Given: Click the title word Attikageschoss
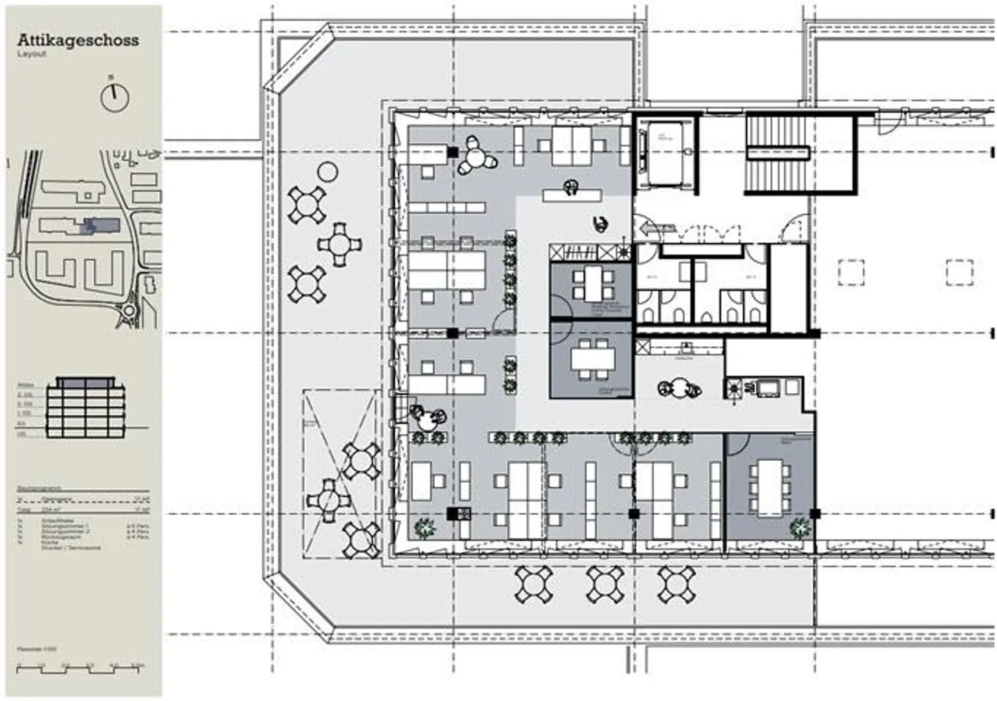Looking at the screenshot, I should (78, 39).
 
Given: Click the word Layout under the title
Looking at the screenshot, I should (32, 54).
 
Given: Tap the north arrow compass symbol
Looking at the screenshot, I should (115, 96).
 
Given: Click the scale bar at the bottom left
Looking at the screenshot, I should (81, 667).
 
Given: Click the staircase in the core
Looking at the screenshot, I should (777, 153).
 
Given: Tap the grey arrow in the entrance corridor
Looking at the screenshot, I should (650, 228).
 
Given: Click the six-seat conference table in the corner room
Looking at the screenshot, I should (769, 488).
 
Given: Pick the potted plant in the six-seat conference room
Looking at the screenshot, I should (800, 529).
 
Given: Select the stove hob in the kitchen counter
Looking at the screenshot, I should (734, 389).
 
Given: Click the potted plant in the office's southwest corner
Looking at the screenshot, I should (422, 529).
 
